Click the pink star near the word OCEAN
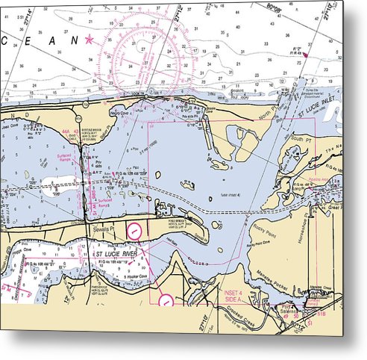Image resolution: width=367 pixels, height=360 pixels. click(90, 39)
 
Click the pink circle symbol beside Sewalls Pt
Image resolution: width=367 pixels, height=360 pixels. click(134, 231)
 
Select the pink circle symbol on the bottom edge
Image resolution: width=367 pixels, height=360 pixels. click(166, 301)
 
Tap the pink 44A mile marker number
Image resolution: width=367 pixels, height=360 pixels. click(66, 131)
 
